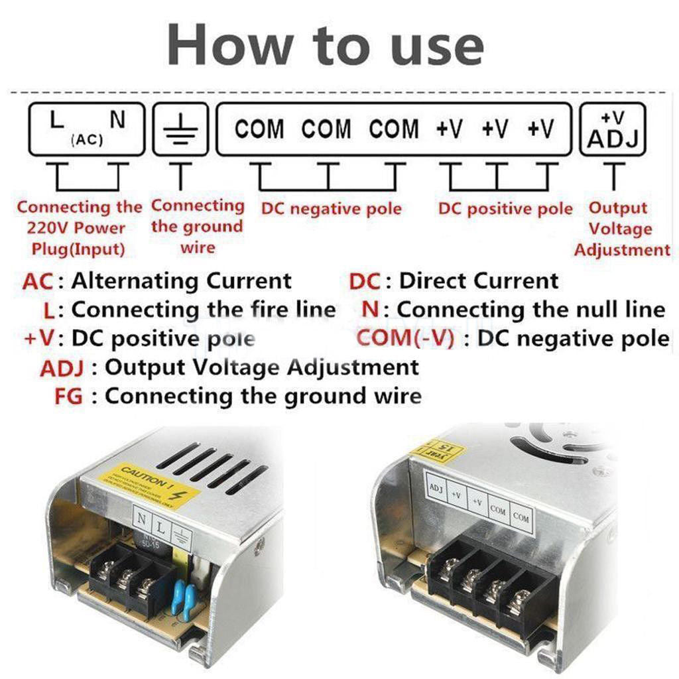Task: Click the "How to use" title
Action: (x=326, y=45)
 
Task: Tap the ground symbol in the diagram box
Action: (x=180, y=129)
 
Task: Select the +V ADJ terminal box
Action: (x=613, y=129)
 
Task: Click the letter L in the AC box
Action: (x=57, y=121)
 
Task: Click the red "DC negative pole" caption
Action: (x=331, y=210)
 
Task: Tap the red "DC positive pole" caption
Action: (x=505, y=210)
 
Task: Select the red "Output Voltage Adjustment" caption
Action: (x=621, y=229)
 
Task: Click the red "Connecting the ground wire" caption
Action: (x=197, y=227)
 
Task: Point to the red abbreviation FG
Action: (x=68, y=397)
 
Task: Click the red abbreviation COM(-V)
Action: (x=405, y=338)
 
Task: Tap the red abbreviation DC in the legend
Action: (x=365, y=281)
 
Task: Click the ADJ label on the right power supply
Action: (x=436, y=489)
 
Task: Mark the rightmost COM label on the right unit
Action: (x=521, y=517)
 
